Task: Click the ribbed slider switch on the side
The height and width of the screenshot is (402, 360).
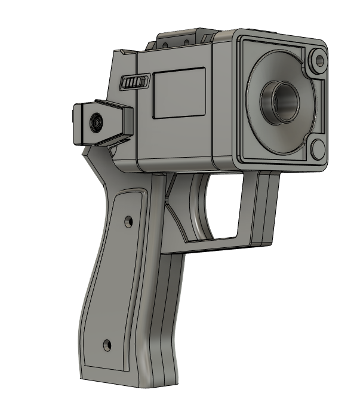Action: [135, 82]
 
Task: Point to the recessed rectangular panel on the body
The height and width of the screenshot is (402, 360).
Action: [179, 91]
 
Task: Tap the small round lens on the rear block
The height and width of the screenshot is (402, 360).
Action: [96, 124]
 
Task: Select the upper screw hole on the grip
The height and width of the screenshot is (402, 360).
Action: [127, 222]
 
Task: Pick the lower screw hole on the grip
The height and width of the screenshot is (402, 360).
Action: [107, 345]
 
